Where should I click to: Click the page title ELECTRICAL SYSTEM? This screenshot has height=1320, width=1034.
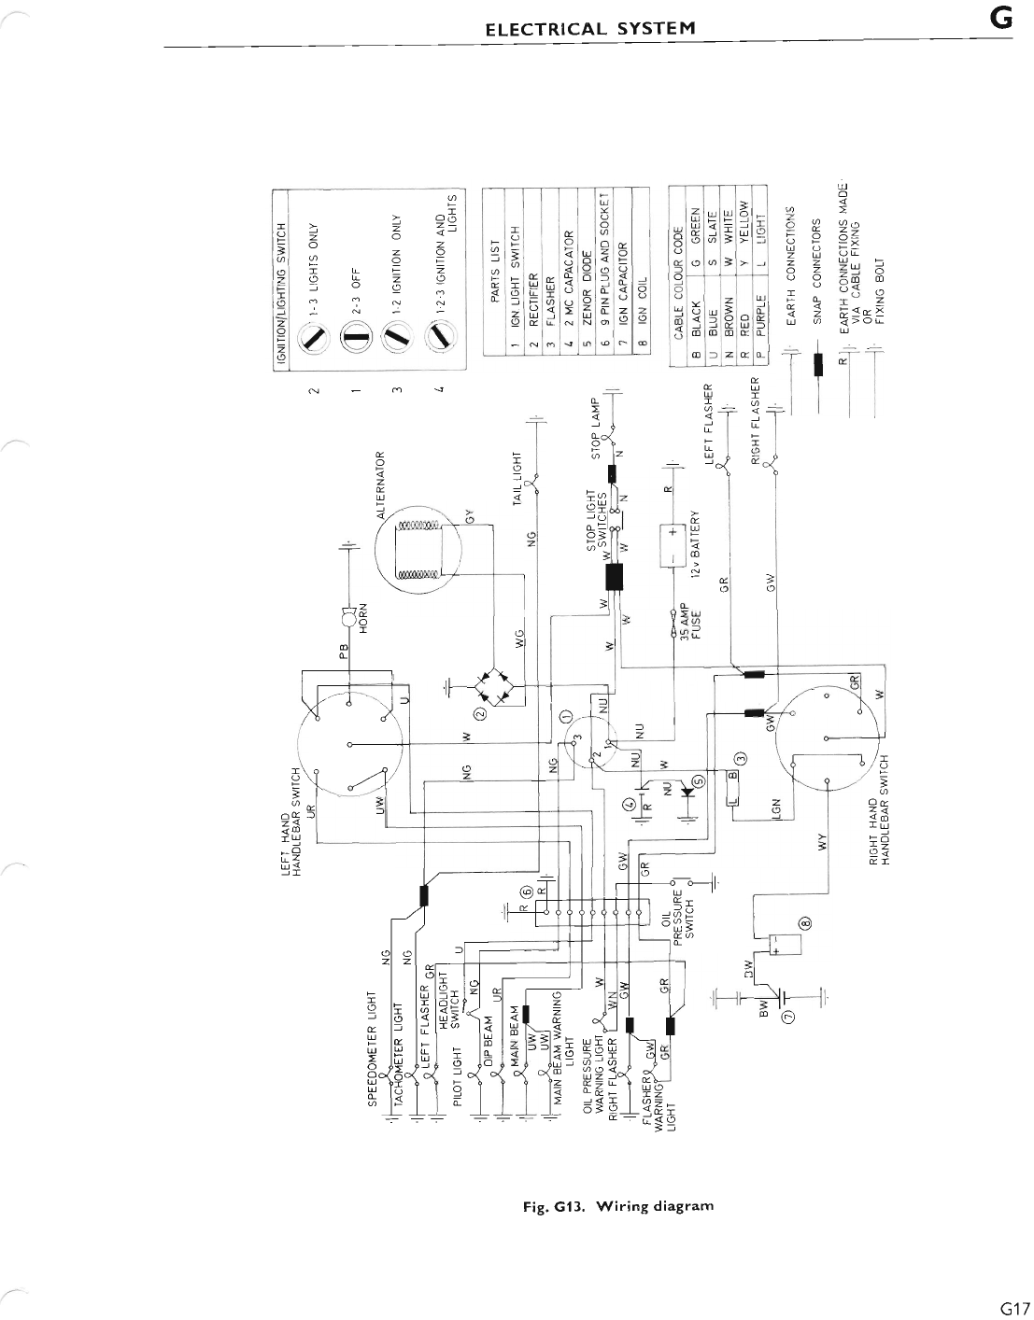click(x=590, y=27)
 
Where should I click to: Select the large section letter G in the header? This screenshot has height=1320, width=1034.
click(x=1001, y=20)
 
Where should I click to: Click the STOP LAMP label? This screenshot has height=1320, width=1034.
click(x=595, y=430)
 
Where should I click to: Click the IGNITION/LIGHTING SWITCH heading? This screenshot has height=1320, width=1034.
click(x=280, y=278)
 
